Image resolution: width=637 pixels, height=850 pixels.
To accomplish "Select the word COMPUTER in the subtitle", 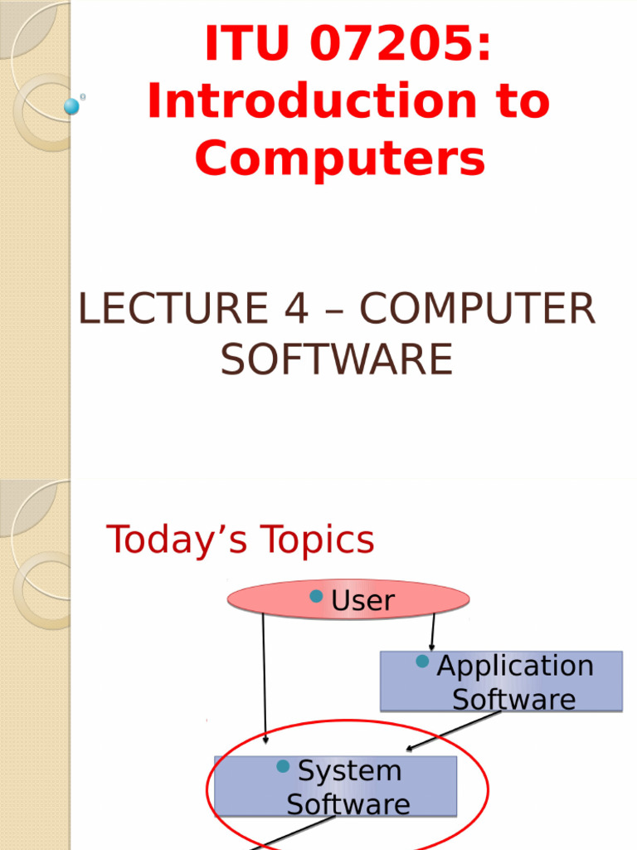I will pos(478,310).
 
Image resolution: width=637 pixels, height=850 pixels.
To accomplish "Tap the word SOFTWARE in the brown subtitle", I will pos(336,359).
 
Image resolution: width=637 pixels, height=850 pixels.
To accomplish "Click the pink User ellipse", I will pos(348,599).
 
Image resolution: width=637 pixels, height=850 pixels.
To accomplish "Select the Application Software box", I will pos(501,681).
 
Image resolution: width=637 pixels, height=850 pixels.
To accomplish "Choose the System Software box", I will pos(335,786).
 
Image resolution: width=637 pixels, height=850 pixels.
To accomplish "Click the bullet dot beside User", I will pos(316,596).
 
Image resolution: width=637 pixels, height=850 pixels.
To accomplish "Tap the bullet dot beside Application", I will pos(422,662).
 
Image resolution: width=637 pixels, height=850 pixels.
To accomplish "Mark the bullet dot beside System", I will pos(283,766).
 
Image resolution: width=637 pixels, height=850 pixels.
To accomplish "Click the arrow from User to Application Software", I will pos(432,633).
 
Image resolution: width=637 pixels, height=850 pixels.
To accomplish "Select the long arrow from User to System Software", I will pos(264,677).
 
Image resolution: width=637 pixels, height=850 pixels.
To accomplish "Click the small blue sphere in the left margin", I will pos(72,106).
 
